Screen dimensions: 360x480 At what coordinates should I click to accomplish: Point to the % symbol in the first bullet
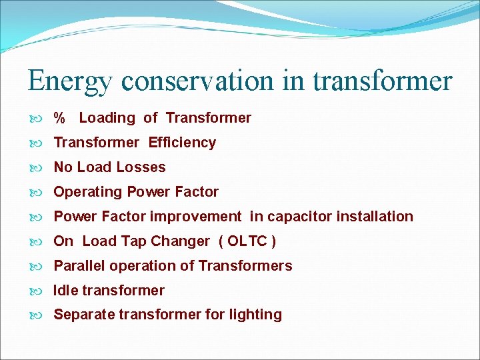59,119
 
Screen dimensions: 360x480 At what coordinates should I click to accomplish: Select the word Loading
107,118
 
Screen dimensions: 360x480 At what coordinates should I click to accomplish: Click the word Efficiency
182,143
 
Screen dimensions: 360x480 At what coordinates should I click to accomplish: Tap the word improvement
195,217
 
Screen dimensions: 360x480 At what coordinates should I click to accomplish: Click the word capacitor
299,217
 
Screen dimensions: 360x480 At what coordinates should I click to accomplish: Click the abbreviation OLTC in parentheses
247,241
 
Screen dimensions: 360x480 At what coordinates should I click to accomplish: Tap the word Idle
65,291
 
